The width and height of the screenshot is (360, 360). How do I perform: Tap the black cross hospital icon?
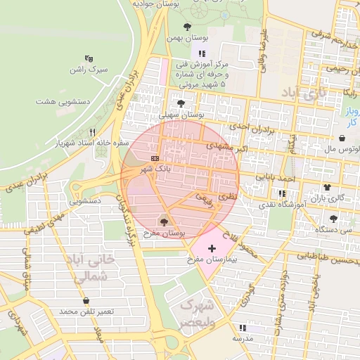tap(212, 249)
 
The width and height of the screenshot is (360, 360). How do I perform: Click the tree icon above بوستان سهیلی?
tap(181, 103)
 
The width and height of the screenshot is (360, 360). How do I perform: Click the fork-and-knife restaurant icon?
tap(92, 132)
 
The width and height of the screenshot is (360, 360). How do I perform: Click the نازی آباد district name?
tap(304, 92)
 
